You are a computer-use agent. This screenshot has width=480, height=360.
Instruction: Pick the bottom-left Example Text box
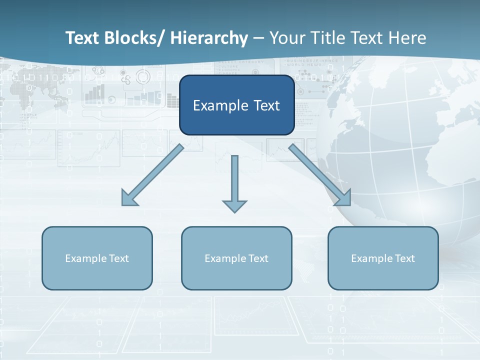tap(97, 258)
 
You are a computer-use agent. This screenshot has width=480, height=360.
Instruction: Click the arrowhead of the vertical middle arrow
tap(234, 205)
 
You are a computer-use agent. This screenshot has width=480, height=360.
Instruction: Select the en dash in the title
tap(258, 38)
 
